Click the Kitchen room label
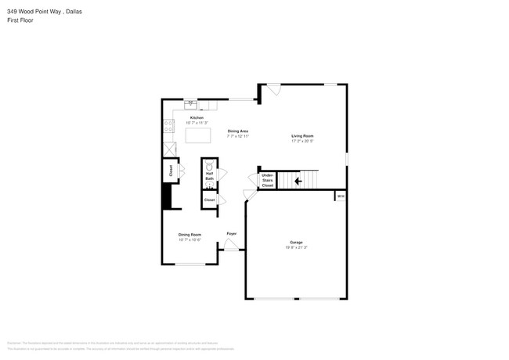tap(197, 118)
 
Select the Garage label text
tap(296, 243)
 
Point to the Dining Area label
tap(238, 131)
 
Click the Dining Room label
tap(190, 235)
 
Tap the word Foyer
tap(232, 234)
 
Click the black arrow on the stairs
tap(297, 182)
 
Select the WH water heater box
tap(340, 196)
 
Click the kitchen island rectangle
tap(199, 135)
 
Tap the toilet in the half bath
tap(210, 165)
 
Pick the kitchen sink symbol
tap(190, 103)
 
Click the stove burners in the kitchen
tap(168, 127)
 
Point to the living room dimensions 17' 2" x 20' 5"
tap(302, 142)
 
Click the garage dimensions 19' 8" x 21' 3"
tap(296, 247)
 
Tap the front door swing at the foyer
tap(231, 247)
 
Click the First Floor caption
tap(22, 20)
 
